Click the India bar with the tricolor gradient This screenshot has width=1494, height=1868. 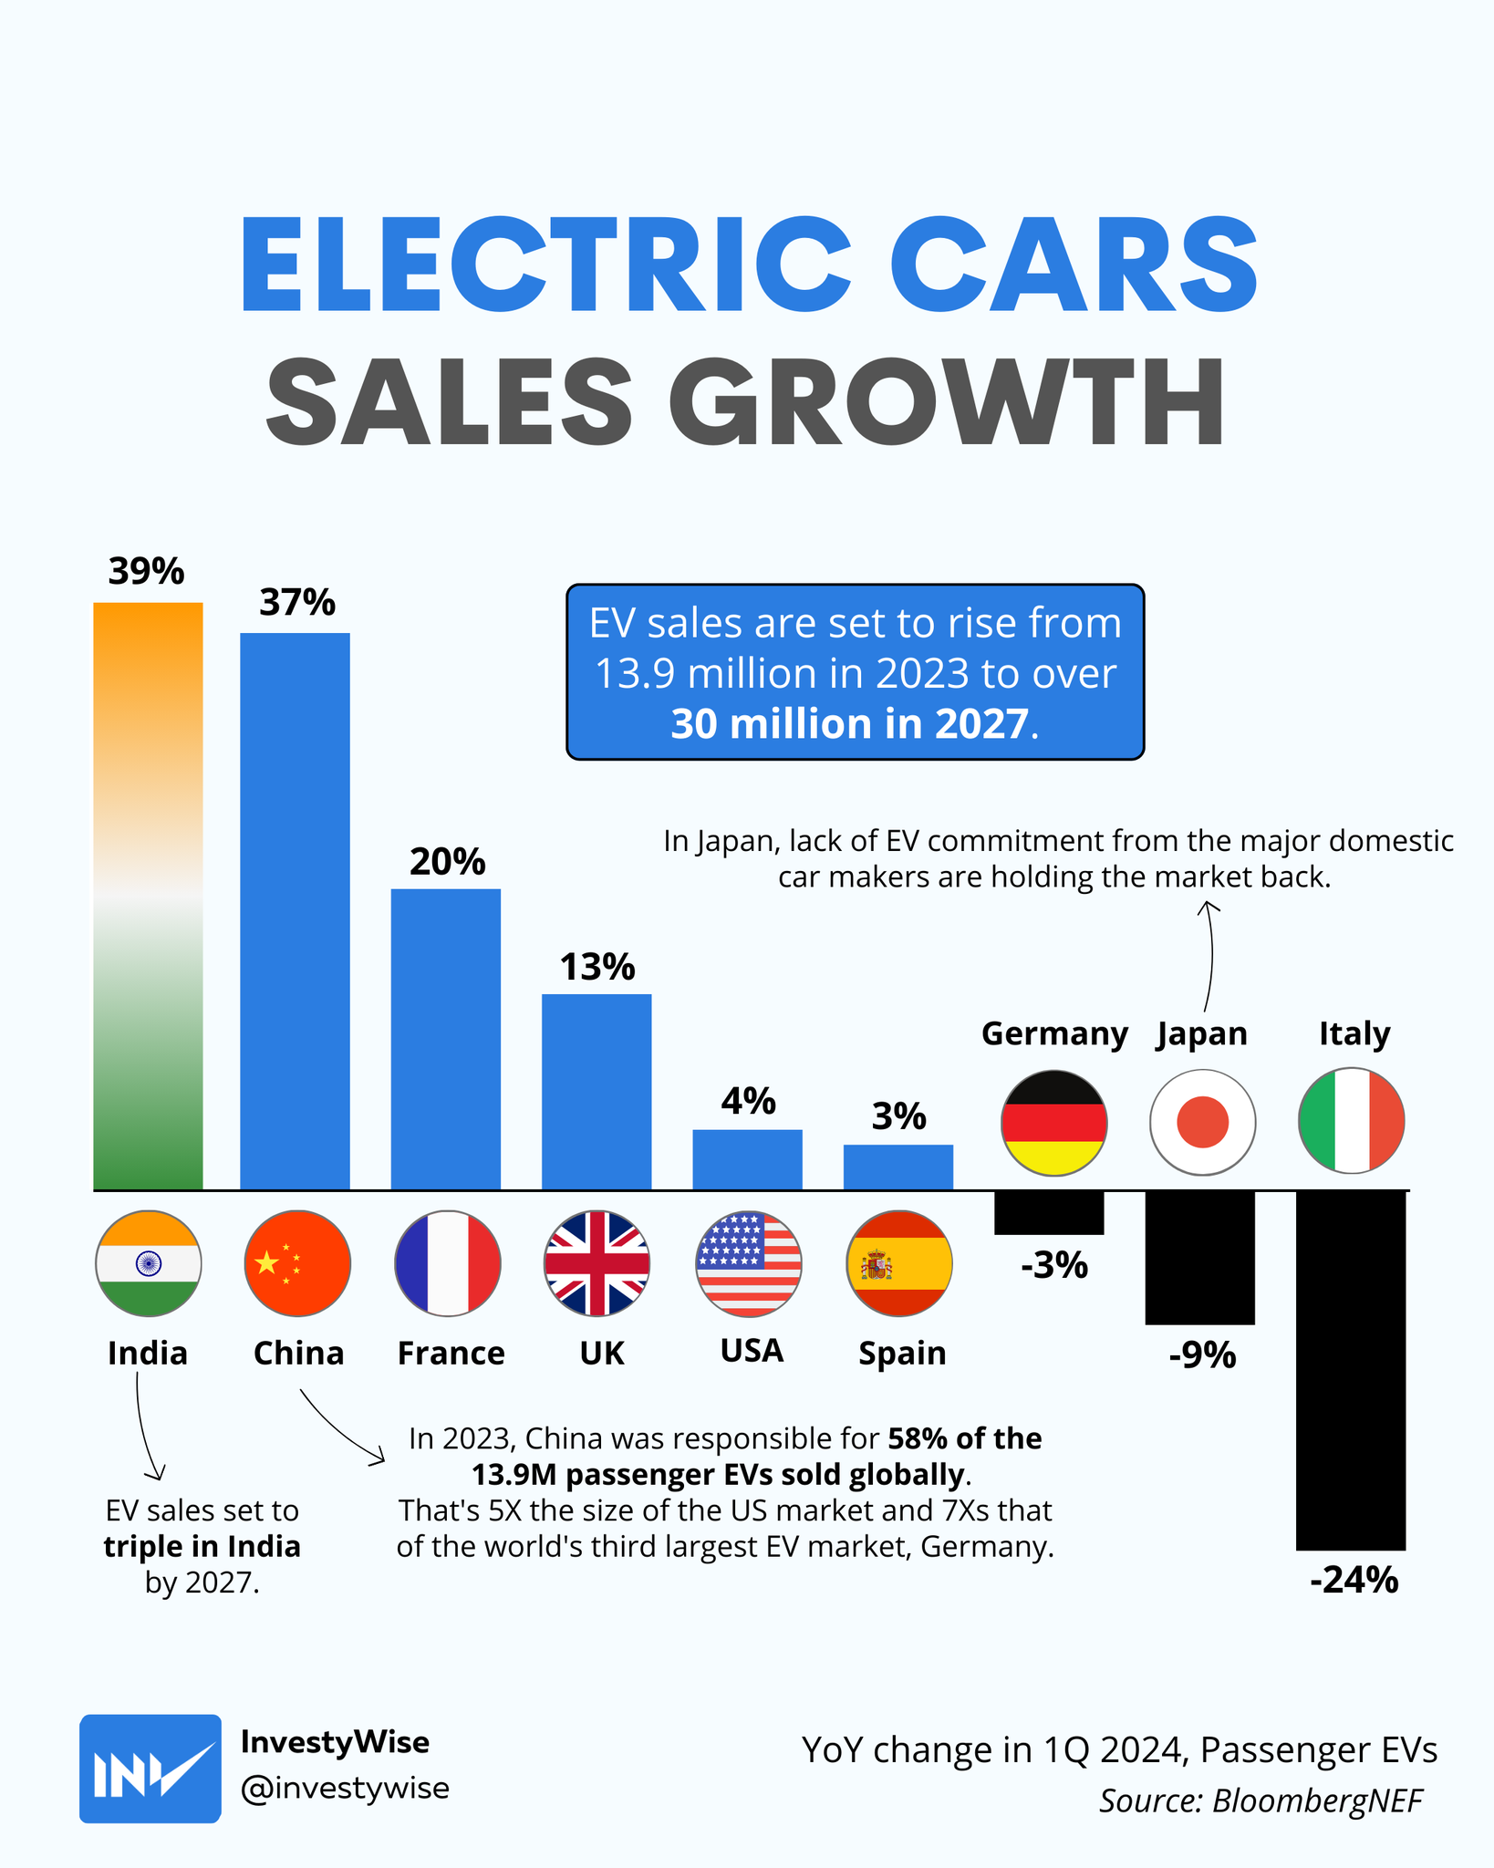(x=148, y=896)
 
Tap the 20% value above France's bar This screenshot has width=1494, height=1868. (x=447, y=862)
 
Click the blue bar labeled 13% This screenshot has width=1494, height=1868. (x=597, y=1091)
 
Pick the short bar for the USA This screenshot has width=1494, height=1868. (x=747, y=1159)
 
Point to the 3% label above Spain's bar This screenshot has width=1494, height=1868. (x=898, y=1116)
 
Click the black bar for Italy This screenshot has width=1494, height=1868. (x=1351, y=1369)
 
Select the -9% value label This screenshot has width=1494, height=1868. (x=1202, y=1356)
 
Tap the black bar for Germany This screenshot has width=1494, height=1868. (x=1049, y=1212)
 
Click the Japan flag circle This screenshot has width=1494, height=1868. (x=1202, y=1122)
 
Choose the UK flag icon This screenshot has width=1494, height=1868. (x=597, y=1263)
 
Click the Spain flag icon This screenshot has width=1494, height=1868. (x=898, y=1263)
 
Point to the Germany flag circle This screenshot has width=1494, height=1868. (x=1053, y=1122)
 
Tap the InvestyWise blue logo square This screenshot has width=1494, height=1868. (x=150, y=1769)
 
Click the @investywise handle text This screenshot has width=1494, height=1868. (x=345, y=1788)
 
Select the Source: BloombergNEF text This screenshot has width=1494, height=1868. (x=1261, y=1801)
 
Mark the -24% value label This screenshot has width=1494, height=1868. (x=1354, y=1580)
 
